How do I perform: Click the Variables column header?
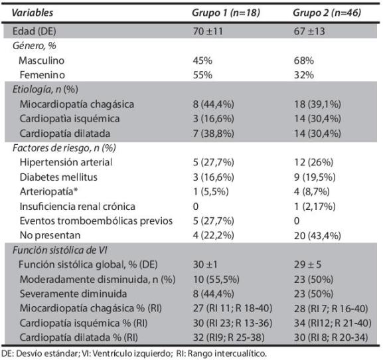click(x=33, y=13)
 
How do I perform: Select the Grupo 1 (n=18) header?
click(x=226, y=13)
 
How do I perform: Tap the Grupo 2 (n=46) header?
click(x=327, y=13)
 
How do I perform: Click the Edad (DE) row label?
click(x=35, y=31)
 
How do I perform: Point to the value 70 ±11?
click(x=208, y=31)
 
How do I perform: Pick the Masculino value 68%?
click(x=304, y=60)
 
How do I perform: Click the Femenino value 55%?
click(x=202, y=75)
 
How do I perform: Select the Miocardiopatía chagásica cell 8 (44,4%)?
click(x=213, y=104)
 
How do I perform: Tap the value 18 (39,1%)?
click(x=317, y=104)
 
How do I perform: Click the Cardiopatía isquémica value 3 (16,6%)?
click(x=213, y=118)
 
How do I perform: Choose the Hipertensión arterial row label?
click(x=66, y=162)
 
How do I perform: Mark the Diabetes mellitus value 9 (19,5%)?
click(x=315, y=177)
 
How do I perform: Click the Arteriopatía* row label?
click(x=48, y=191)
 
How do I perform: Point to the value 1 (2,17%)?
click(x=315, y=207)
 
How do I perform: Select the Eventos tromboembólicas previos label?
click(x=96, y=221)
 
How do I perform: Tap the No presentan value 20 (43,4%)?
click(x=317, y=236)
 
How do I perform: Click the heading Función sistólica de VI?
click(x=60, y=250)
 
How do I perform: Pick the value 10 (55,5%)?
click(x=216, y=280)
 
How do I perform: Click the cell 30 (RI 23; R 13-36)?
click(x=232, y=323)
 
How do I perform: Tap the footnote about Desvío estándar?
click(x=134, y=353)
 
